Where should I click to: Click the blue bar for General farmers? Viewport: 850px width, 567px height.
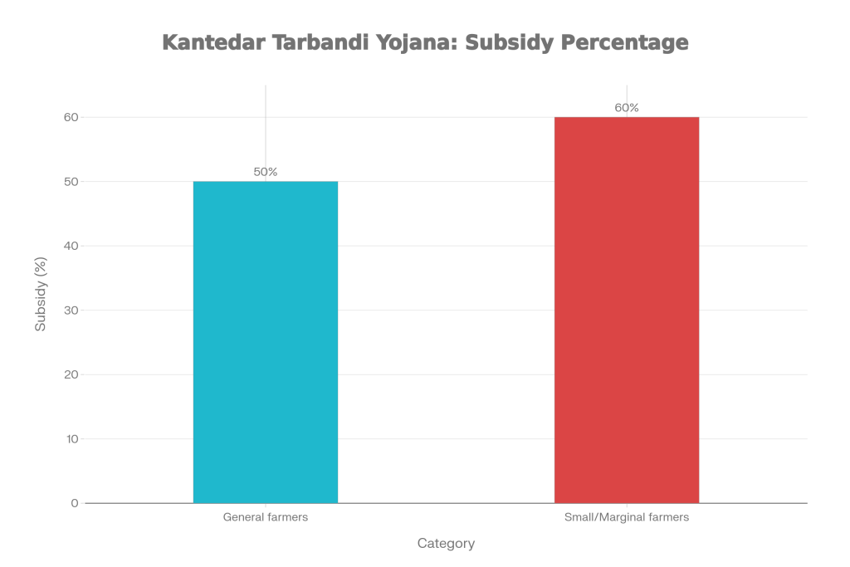(x=266, y=342)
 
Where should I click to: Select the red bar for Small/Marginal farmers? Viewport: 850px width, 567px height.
(x=627, y=310)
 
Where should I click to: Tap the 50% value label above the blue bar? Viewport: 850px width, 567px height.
(x=266, y=172)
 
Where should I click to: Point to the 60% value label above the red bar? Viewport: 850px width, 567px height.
(x=627, y=108)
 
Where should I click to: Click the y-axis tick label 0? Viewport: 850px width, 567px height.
(x=75, y=503)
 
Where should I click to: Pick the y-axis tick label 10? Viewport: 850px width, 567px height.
(x=71, y=439)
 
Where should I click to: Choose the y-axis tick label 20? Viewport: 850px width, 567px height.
(x=71, y=374)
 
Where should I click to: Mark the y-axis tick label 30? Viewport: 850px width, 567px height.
(x=71, y=310)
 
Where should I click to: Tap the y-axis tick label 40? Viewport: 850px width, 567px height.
(x=71, y=246)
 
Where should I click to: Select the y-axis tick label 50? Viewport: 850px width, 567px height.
(x=71, y=182)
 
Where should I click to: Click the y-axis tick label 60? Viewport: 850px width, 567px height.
(x=71, y=117)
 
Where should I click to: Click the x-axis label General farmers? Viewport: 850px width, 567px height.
(x=266, y=517)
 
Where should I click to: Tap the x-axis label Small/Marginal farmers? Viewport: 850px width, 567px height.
(x=627, y=517)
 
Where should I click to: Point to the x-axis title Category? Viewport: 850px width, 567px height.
(x=446, y=545)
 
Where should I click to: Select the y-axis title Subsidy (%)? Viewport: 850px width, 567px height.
(x=40, y=295)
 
